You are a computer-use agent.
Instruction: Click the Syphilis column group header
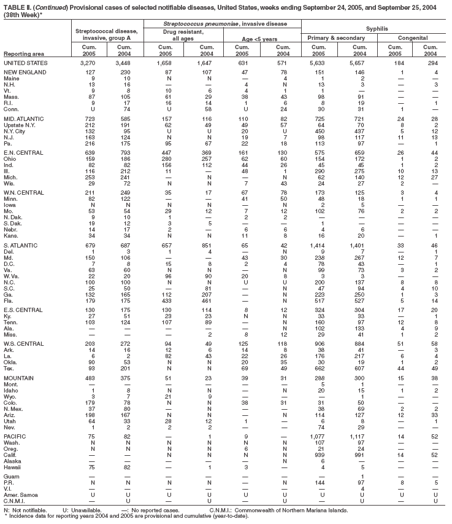[376, 29]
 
